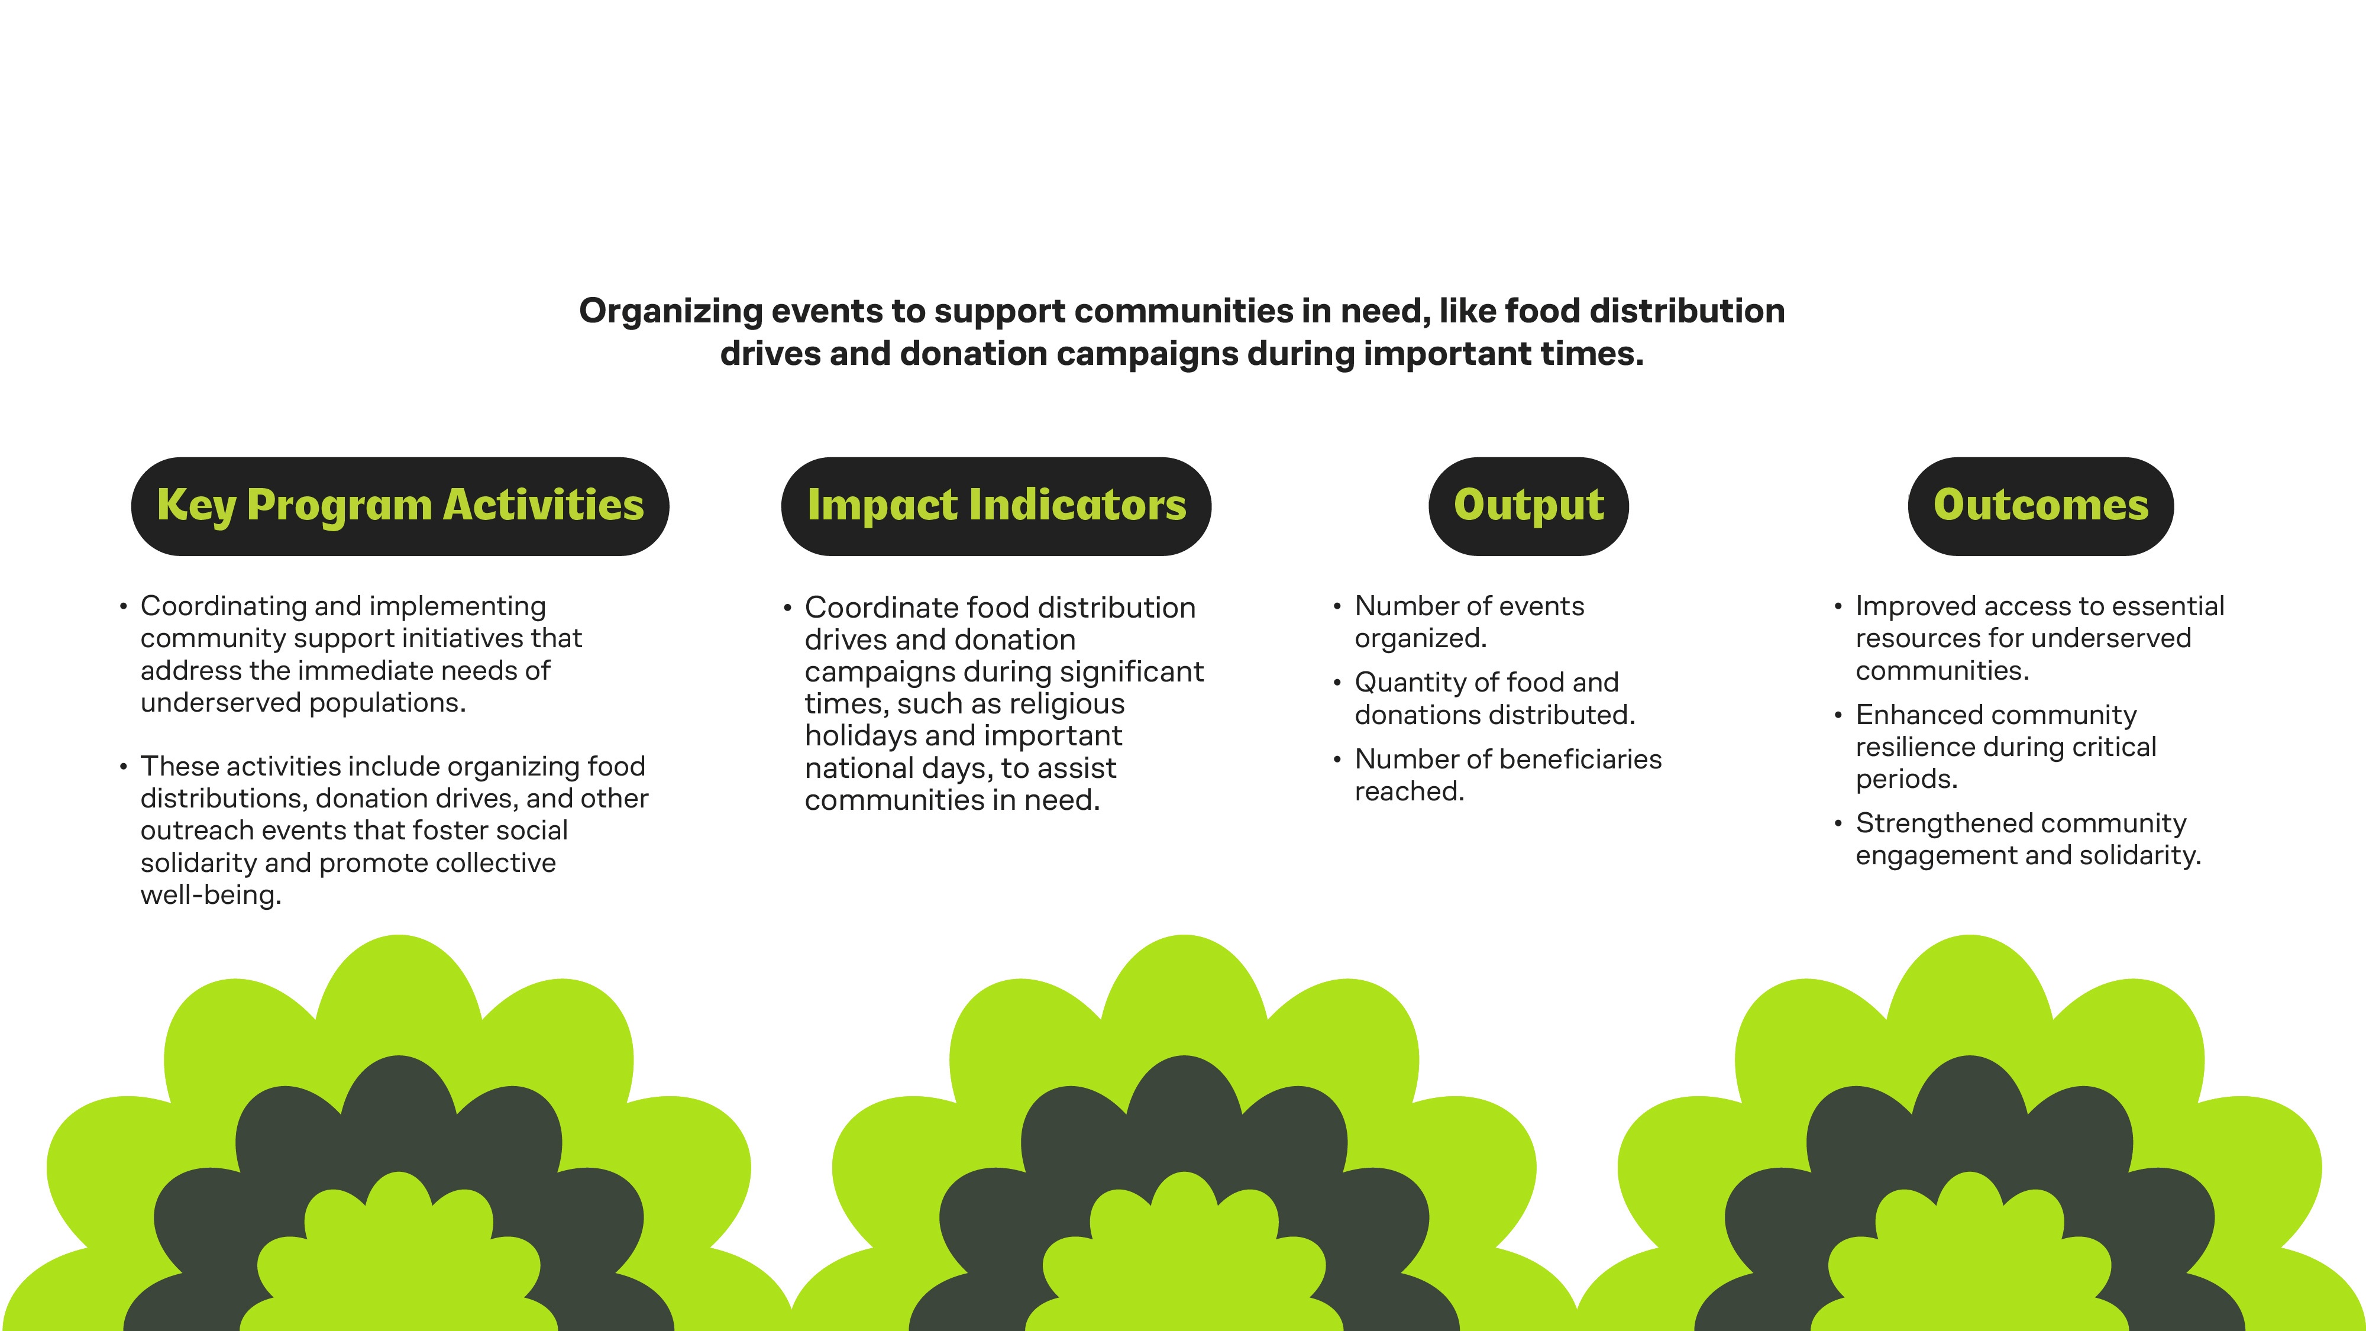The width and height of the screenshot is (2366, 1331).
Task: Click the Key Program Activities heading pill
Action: (x=399, y=506)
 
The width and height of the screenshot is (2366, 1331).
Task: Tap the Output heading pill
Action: (x=1528, y=506)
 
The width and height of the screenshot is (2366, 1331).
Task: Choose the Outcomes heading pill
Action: (x=2041, y=506)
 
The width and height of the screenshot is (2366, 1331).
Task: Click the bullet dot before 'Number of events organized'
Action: (x=1337, y=606)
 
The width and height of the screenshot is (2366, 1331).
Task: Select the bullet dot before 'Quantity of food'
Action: (x=1337, y=683)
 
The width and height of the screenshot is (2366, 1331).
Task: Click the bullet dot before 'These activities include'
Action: (x=123, y=766)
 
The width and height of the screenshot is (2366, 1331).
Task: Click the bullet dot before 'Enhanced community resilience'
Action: (x=1838, y=715)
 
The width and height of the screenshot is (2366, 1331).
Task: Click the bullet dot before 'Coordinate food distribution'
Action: (x=787, y=608)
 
